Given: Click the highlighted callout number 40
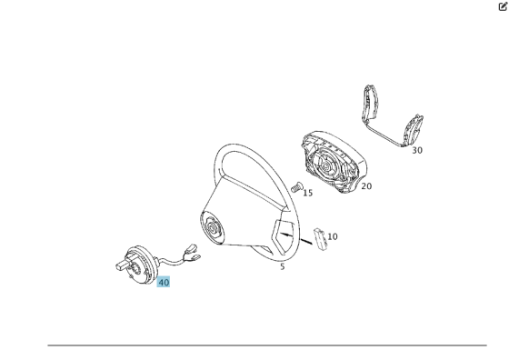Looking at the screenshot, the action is pos(164,282).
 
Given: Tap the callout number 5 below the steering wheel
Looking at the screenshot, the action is pos(283,266).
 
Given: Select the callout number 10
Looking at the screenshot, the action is pos(333,236).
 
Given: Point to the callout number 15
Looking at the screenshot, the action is pos(308,193).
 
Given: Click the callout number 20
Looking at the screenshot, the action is pos(366,186).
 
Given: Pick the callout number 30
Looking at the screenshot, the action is pos(417,150).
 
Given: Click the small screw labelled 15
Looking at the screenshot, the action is pos(296,187).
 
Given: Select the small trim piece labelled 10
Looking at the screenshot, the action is pos(320,240).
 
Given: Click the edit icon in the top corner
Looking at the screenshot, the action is pos(503,6).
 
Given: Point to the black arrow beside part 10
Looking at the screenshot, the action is pos(295,238).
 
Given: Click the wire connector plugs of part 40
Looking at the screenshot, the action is pos(192,252).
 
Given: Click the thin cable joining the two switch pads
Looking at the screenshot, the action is pos(384,134).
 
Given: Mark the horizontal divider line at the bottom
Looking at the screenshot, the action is pos(267,345).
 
